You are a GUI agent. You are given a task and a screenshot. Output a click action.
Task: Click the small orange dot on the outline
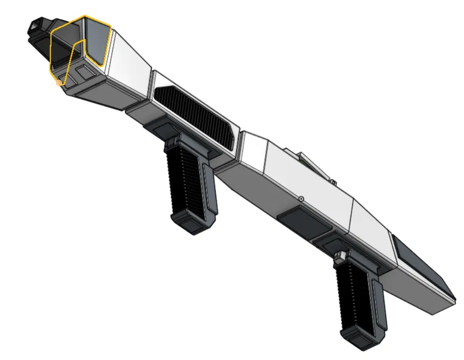tap(59, 84)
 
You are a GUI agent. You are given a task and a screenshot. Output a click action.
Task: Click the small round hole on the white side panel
tap(301, 199)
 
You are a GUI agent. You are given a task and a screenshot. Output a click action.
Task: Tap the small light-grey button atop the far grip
tap(339, 254)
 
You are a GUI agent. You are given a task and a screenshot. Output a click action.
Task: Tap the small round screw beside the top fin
tap(333, 182)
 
